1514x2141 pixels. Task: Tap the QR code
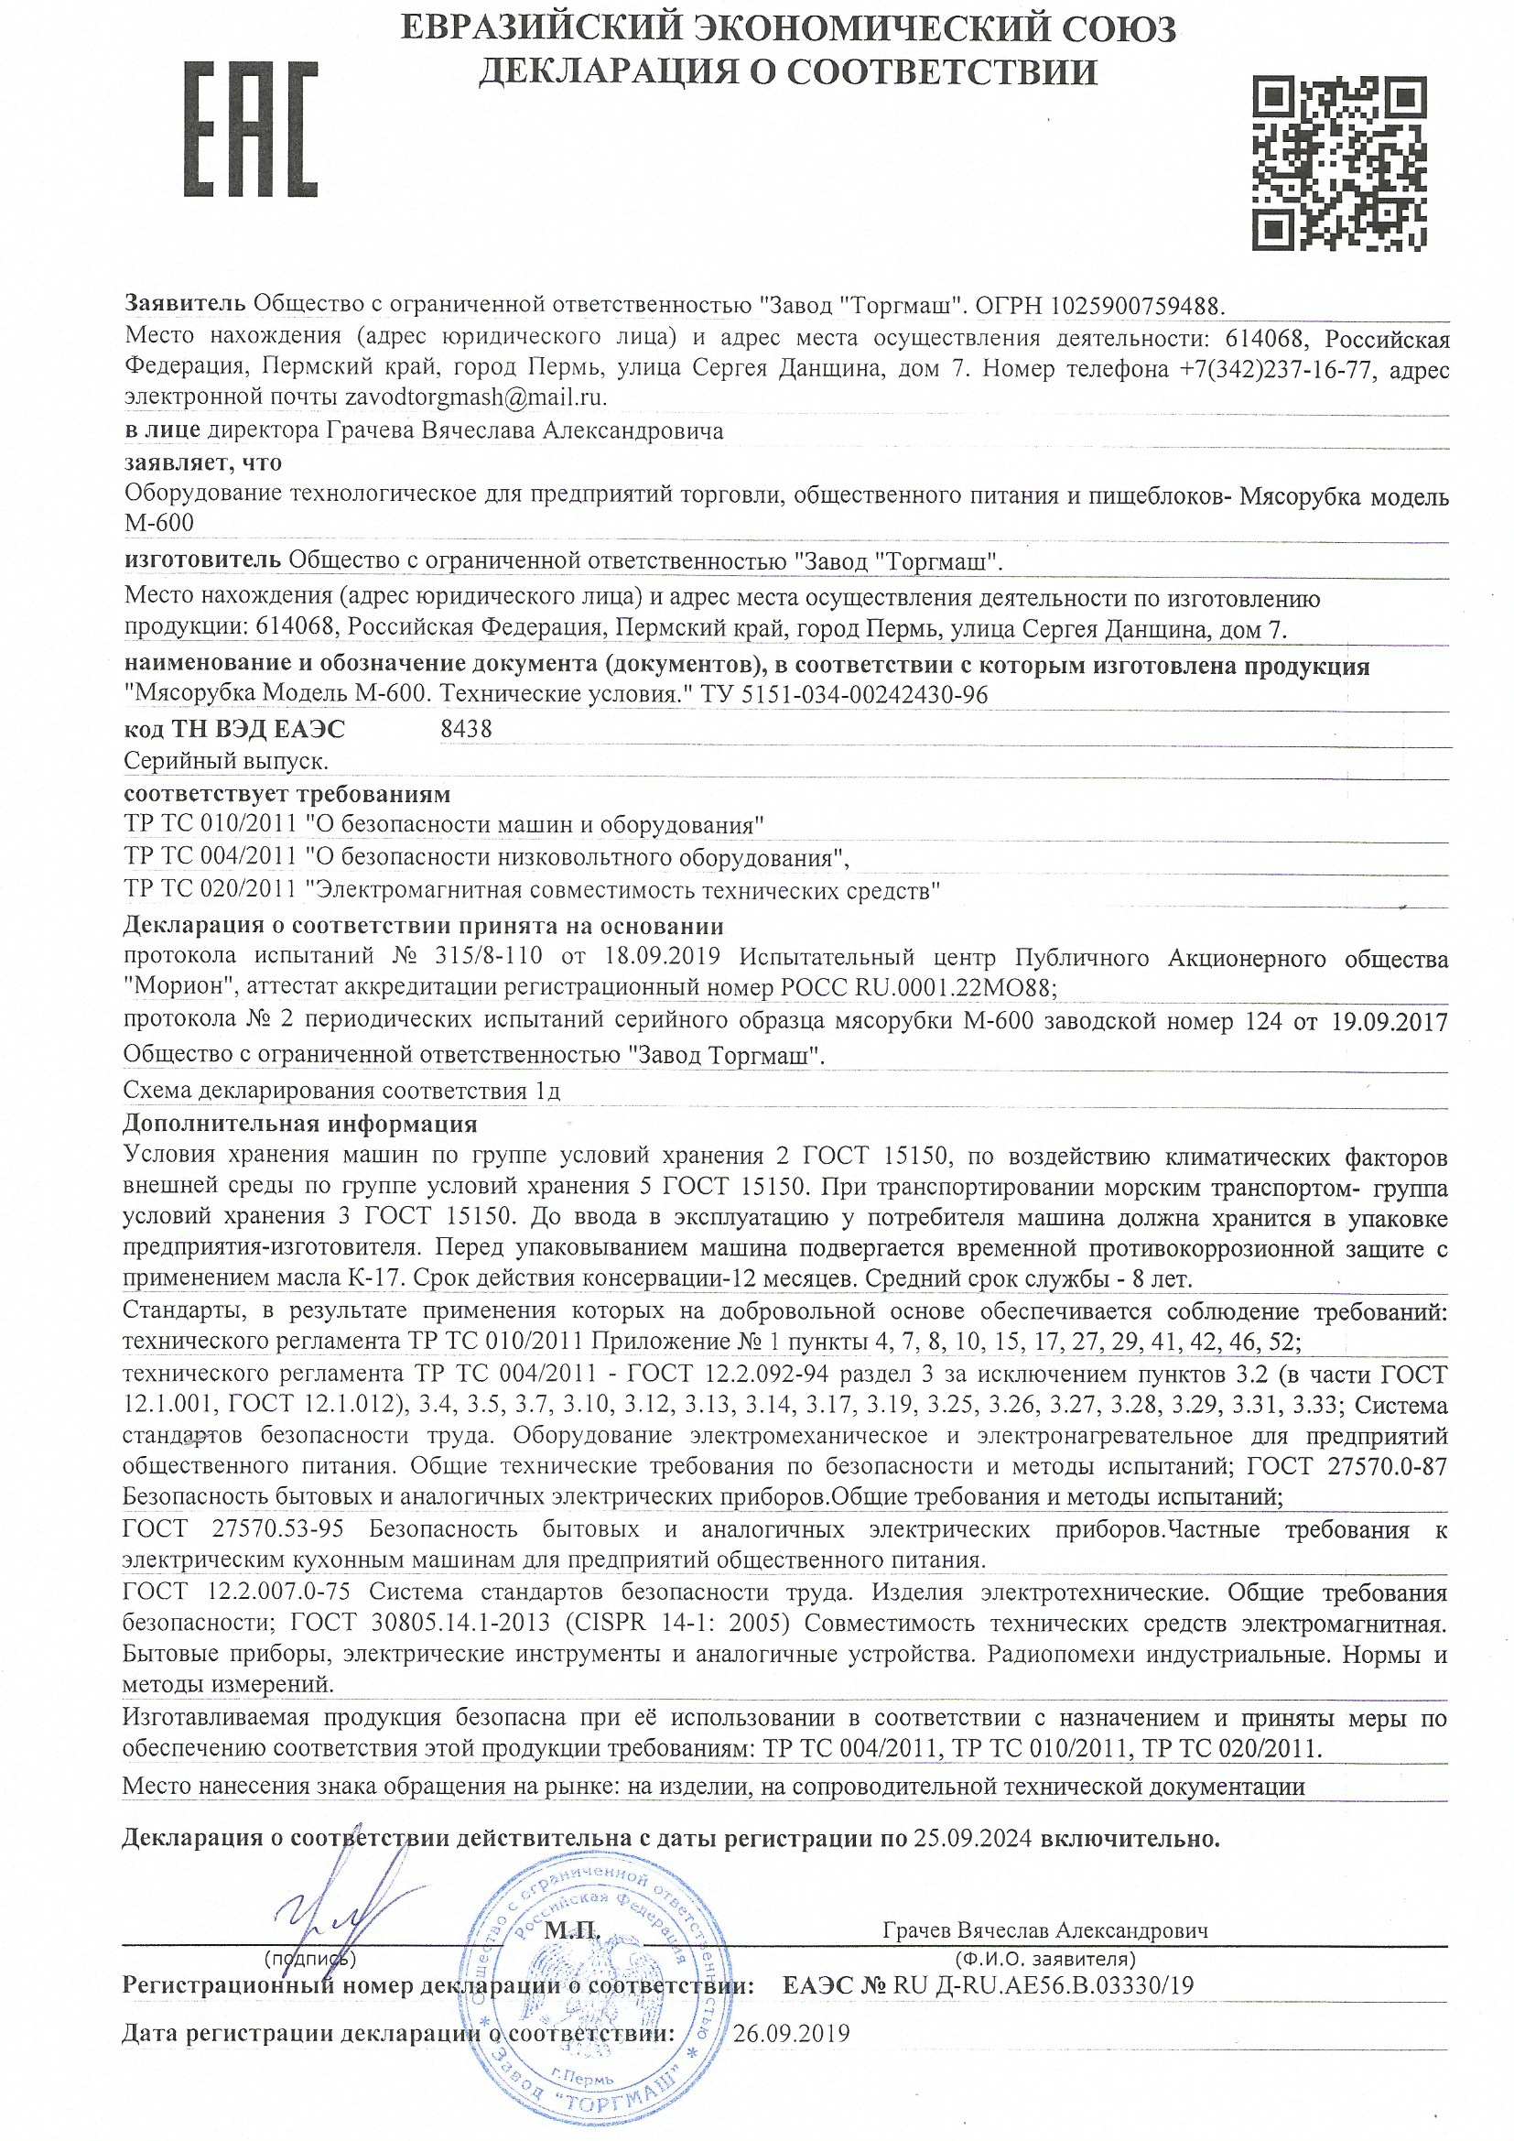click(1339, 164)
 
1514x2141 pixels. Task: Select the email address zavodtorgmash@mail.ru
click(475, 397)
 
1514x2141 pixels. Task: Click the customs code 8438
click(465, 728)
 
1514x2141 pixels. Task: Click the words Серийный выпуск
click(225, 761)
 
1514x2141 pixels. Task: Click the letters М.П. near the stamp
click(569, 1929)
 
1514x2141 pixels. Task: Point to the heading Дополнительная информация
click(300, 1124)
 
